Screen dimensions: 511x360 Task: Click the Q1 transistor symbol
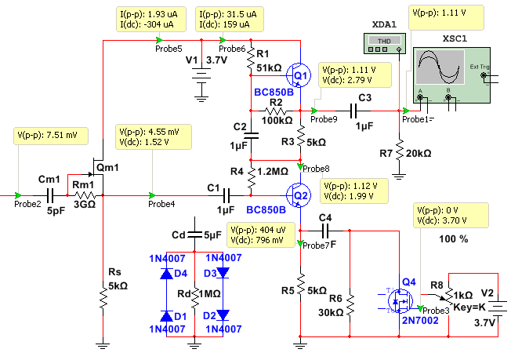point(298,75)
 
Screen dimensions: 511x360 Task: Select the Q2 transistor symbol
point(298,195)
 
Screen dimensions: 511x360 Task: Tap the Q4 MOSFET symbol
point(400,302)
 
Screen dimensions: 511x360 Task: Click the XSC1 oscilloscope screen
point(440,67)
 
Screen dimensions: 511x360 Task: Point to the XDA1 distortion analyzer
point(385,43)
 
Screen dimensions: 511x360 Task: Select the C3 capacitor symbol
point(353,111)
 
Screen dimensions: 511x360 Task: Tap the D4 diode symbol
point(166,274)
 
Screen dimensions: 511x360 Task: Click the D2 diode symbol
point(223,315)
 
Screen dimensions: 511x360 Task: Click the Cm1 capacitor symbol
point(50,195)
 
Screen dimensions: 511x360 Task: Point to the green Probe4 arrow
point(152,195)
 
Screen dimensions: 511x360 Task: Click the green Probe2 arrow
point(18,195)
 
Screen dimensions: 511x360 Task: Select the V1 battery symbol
point(201,75)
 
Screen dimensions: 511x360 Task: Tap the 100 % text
point(453,239)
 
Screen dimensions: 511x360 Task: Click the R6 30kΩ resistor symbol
point(350,305)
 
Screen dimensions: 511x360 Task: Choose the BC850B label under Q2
point(266,210)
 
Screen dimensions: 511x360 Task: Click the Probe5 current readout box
point(151,20)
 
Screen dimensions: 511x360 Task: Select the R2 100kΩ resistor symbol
point(276,111)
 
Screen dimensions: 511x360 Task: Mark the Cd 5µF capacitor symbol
point(194,235)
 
